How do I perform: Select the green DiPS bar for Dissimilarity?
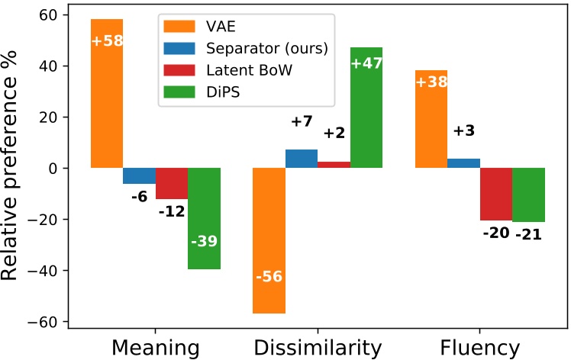pyautogui.click(x=366, y=108)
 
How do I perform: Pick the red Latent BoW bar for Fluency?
pyautogui.click(x=495, y=194)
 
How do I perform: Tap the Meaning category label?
pyautogui.click(x=155, y=348)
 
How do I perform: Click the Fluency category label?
pyautogui.click(x=479, y=348)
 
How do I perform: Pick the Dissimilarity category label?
pyautogui.click(x=317, y=348)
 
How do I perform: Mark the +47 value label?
pyautogui.click(x=366, y=63)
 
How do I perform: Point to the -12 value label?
pyautogui.click(x=172, y=211)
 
